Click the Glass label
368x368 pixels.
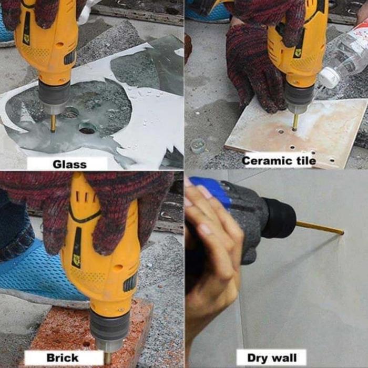(x=69, y=164)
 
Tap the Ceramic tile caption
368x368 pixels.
(x=279, y=160)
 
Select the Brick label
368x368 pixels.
(x=62, y=358)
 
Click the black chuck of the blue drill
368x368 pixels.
(x=278, y=217)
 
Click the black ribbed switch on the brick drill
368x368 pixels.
(x=130, y=282)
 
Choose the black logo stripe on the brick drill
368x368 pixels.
(x=77, y=247)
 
